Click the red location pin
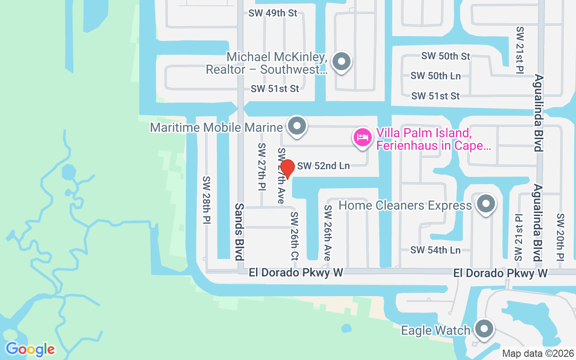click(x=287, y=168)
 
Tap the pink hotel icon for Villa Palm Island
click(x=363, y=137)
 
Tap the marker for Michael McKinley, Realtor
click(x=341, y=62)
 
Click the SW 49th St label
click(x=273, y=13)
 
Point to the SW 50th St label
click(x=445, y=56)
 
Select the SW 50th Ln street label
click(x=435, y=76)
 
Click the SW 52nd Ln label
click(x=323, y=166)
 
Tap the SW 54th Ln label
click(x=435, y=250)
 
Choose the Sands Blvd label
click(x=239, y=231)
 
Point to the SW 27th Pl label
click(x=262, y=166)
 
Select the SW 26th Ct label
click(x=294, y=236)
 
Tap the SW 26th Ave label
click(x=328, y=233)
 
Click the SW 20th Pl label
click(x=560, y=237)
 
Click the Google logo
click(x=30, y=349)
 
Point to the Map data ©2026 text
click(x=538, y=353)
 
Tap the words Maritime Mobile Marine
click(x=216, y=127)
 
